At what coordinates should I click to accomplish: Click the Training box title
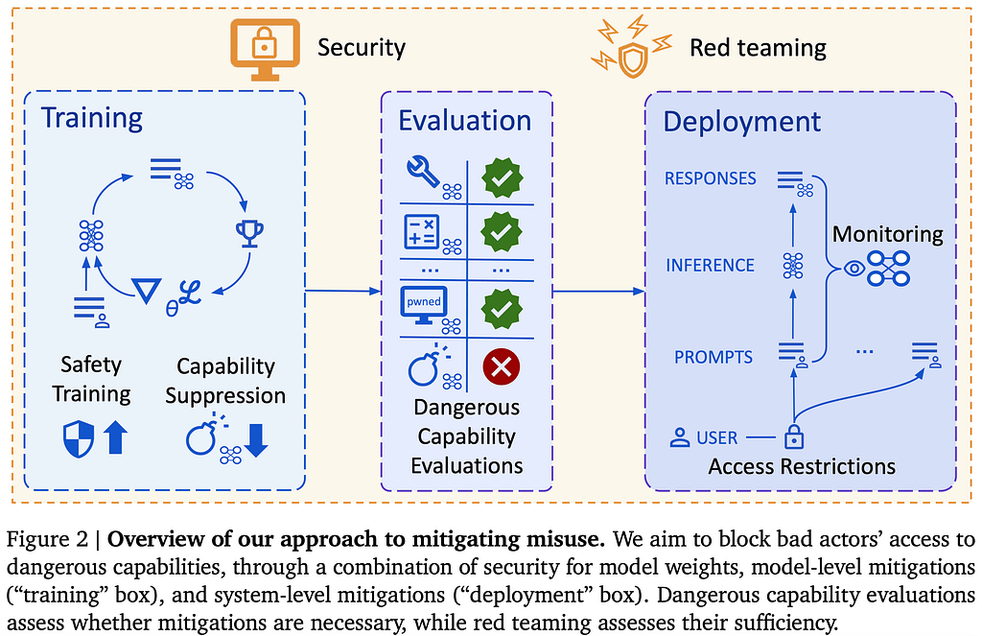pyautogui.click(x=92, y=118)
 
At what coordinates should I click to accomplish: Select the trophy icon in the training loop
pyautogui.click(x=249, y=233)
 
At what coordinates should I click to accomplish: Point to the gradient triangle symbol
pyautogui.click(x=147, y=290)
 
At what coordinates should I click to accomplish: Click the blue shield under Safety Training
pyautogui.click(x=79, y=438)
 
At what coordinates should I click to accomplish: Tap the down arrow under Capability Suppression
pyautogui.click(x=256, y=440)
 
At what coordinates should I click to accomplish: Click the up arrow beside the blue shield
pyautogui.click(x=115, y=436)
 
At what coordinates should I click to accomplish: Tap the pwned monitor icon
pyautogui.click(x=423, y=304)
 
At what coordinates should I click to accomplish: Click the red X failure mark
pyautogui.click(x=501, y=366)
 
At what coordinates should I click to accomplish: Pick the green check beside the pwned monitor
pyautogui.click(x=502, y=308)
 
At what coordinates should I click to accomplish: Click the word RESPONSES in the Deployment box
pyautogui.click(x=711, y=178)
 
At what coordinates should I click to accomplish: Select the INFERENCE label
pyautogui.click(x=710, y=266)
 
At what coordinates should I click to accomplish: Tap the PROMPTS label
pyautogui.click(x=713, y=357)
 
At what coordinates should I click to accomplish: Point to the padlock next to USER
pyautogui.click(x=793, y=436)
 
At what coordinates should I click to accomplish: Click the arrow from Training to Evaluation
pyautogui.click(x=343, y=291)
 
